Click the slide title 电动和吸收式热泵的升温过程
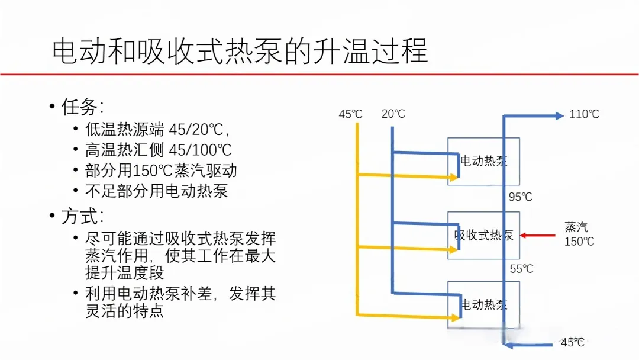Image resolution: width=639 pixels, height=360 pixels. pyautogui.click(x=240, y=52)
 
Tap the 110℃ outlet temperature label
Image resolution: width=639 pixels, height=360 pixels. pyautogui.click(x=584, y=114)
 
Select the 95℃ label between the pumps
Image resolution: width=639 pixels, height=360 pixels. pyautogui.click(x=521, y=197)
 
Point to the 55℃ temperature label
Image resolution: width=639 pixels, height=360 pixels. pyautogui.click(x=521, y=269)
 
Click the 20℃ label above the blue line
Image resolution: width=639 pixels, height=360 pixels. pyautogui.click(x=393, y=114)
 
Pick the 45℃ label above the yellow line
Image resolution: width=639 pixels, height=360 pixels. pyautogui.click(x=350, y=114)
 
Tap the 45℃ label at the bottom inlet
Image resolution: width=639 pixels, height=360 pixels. pyautogui.click(x=572, y=342)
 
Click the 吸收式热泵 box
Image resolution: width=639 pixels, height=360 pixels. pyautogui.click(x=483, y=235)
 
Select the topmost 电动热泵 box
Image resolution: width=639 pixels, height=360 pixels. pyautogui.click(x=483, y=161)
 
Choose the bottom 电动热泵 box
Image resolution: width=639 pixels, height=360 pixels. pyautogui.click(x=483, y=304)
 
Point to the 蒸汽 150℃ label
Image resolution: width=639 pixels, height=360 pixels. pyautogui.click(x=579, y=234)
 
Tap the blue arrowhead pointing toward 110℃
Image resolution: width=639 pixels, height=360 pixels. pyautogui.click(x=559, y=116)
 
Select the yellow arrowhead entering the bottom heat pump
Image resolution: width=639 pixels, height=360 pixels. pyautogui.click(x=454, y=318)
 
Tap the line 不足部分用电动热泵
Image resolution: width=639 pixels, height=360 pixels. pyautogui.click(x=156, y=191)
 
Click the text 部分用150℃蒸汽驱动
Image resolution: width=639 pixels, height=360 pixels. pyautogui.click(x=161, y=171)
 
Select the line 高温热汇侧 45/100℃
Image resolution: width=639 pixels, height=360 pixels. pyautogui.click(x=158, y=150)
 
